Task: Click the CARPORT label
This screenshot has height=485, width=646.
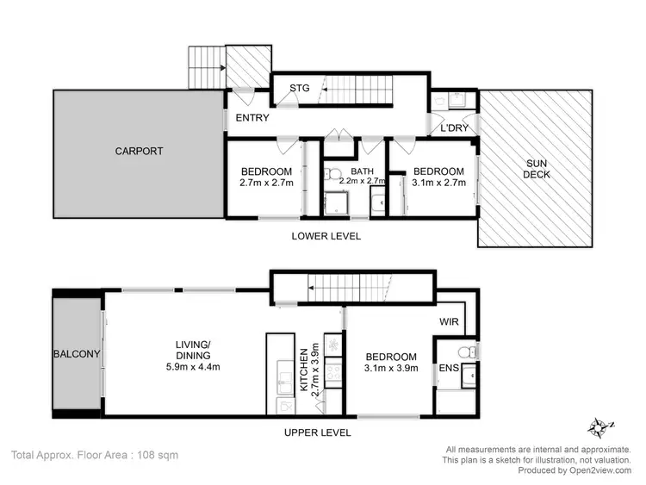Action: (139, 152)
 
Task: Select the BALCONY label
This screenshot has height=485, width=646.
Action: (77, 354)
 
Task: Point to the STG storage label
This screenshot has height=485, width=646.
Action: (299, 88)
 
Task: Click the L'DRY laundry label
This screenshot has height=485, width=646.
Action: (453, 127)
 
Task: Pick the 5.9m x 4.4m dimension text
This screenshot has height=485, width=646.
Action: (192, 367)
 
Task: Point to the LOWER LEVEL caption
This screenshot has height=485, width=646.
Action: (326, 236)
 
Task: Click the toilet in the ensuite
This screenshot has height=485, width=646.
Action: (465, 351)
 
